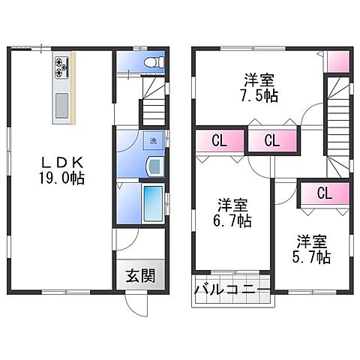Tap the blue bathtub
pyautogui.click(x=151, y=202)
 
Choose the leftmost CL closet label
pyautogui.click(x=220, y=140)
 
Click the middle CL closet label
pyautogui.click(x=271, y=140)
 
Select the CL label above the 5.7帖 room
pyautogui.click(x=324, y=193)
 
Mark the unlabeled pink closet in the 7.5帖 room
pyautogui.click(x=337, y=61)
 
